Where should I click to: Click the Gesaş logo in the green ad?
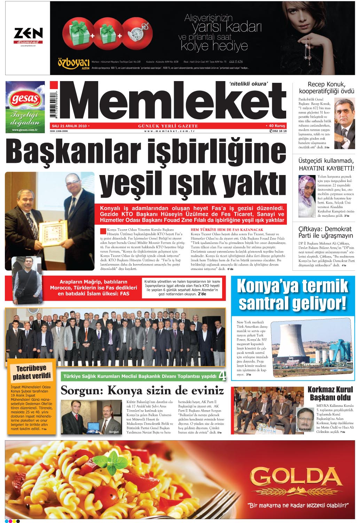(x=25, y=99)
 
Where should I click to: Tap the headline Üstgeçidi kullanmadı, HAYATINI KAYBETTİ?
(x=326, y=165)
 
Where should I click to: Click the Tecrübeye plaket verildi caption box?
(x=32, y=372)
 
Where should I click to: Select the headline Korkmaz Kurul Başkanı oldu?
(x=330, y=393)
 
